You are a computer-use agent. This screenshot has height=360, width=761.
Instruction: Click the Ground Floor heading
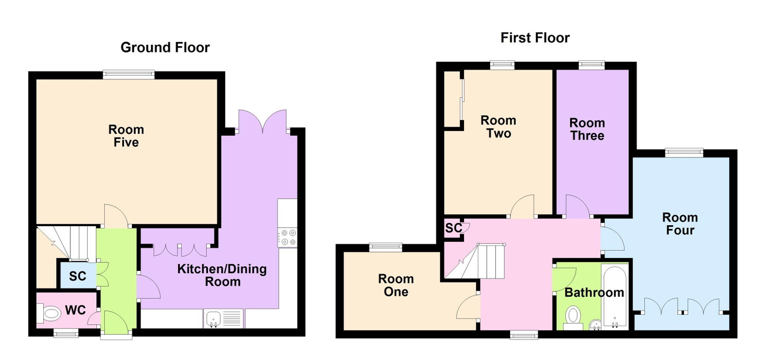pos(165,48)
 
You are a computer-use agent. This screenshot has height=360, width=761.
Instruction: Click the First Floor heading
pos(535,38)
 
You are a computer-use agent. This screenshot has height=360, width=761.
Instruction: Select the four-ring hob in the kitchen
pos(287,237)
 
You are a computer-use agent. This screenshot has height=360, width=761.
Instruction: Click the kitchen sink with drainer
pos(224,319)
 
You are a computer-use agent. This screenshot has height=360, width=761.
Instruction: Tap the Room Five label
pos(126,136)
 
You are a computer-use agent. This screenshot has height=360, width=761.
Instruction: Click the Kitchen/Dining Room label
pos(222,275)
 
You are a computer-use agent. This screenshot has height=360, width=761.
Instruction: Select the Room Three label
pos(587,129)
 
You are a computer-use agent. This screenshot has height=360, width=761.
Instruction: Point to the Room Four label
pos(680,224)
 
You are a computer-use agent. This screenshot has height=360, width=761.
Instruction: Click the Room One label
pos(396,285)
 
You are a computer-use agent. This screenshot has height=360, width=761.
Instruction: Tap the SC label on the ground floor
pos(78,276)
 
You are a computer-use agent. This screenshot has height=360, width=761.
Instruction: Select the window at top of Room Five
pos(129,75)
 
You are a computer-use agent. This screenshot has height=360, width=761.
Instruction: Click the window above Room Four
pos(684,153)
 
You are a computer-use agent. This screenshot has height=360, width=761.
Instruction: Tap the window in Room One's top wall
pos(385,248)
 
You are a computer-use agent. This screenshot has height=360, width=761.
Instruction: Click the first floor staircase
pos(475,261)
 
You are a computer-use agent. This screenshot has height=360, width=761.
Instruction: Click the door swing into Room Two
pos(522,206)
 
